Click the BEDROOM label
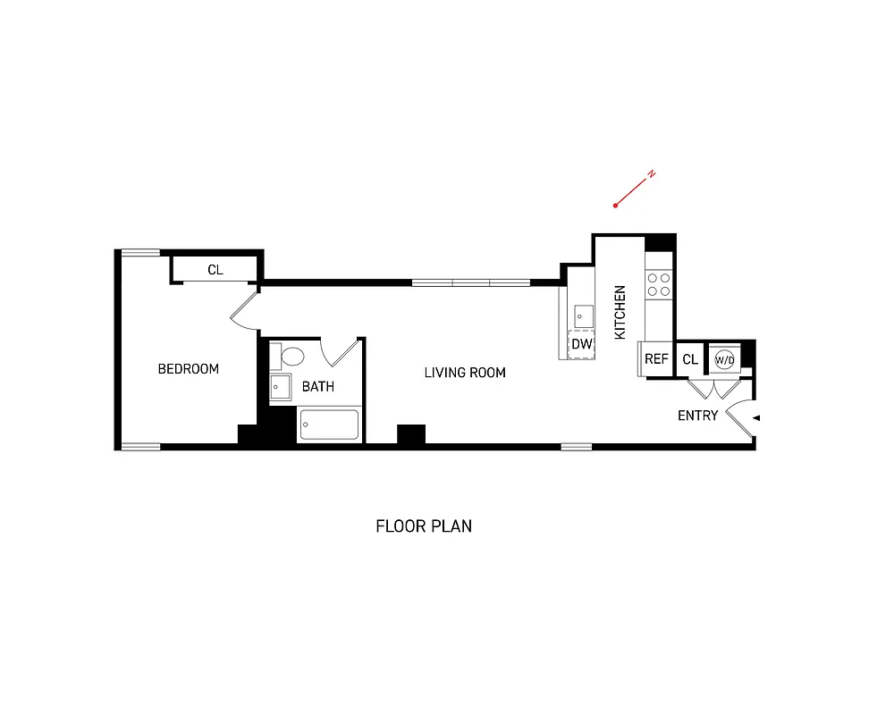click(188, 369)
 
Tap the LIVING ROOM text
click(465, 373)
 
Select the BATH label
click(317, 387)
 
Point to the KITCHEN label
click(620, 312)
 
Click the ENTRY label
click(697, 416)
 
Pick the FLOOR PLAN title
click(424, 526)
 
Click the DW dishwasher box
click(581, 344)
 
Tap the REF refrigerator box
click(656, 359)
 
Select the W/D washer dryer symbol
click(724, 360)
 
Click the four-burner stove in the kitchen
click(660, 284)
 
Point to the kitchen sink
click(584, 316)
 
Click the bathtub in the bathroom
click(329, 425)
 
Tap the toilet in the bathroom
click(291, 357)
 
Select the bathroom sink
click(281, 388)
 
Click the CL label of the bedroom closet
click(215, 269)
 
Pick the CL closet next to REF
click(689, 360)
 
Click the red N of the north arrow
click(652, 173)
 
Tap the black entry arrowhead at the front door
click(756, 417)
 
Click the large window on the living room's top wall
click(471, 282)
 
